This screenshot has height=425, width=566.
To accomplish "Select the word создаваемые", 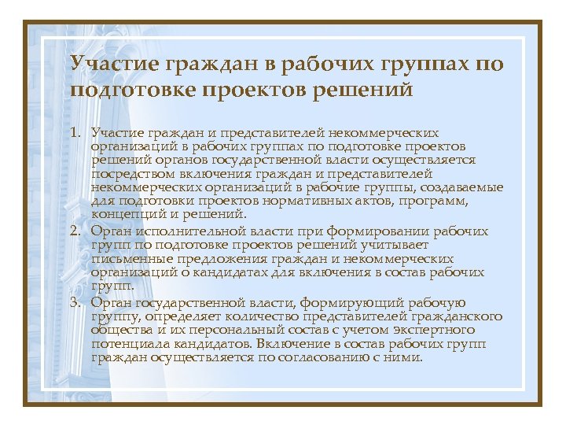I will tap(463, 187).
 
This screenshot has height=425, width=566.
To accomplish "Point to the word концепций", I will tap(124, 213).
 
